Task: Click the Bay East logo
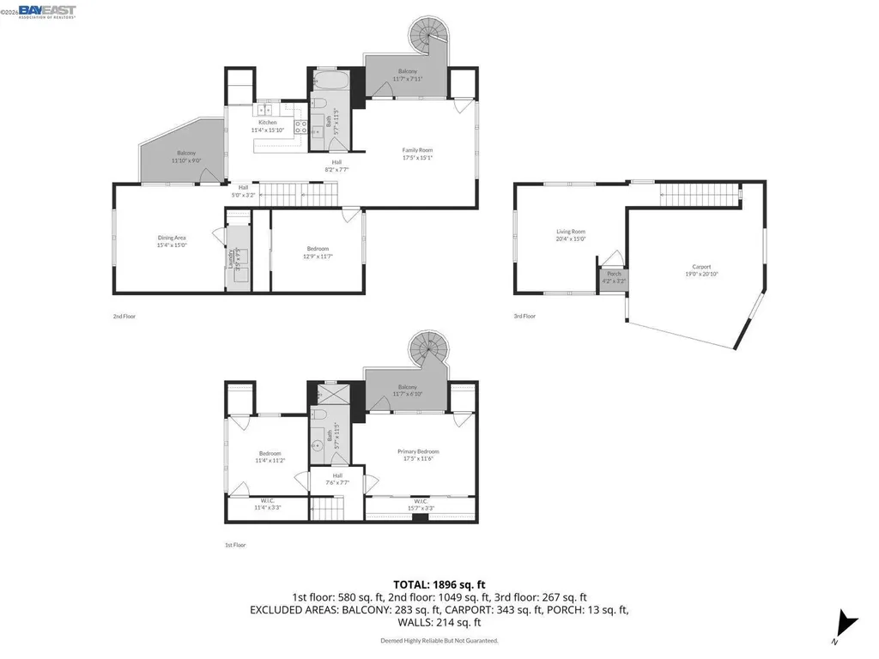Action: click(47, 11)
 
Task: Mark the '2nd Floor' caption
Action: click(124, 317)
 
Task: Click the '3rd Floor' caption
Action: click(524, 317)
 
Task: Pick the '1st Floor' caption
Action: click(235, 545)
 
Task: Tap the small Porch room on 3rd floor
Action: click(614, 277)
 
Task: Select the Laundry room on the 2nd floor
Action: click(238, 259)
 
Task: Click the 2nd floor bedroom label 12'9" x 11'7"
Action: click(317, 252)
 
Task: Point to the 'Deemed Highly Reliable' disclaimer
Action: click(439, 640)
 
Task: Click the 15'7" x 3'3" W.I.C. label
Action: click(421, 505)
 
